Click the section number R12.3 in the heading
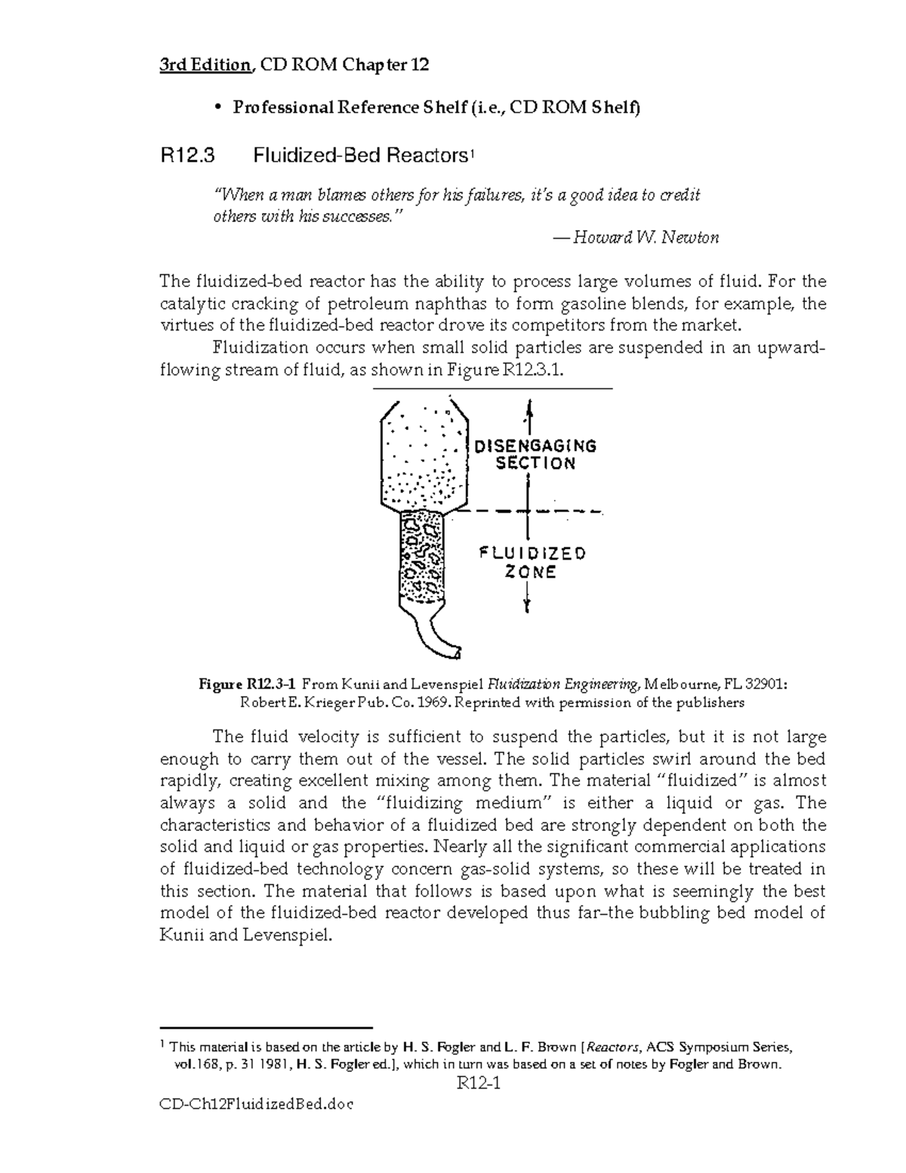coord(187,156)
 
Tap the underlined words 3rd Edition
coord(204,66)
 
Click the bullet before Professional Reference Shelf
coord(217,109)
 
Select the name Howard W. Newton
coord(646,238)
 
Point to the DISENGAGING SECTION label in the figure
coord(535,455)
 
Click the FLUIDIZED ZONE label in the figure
coord(532,563)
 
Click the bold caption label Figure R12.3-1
coord(248,684)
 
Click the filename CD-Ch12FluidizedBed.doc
coord(257,1104)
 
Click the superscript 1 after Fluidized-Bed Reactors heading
coord(471,154)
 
